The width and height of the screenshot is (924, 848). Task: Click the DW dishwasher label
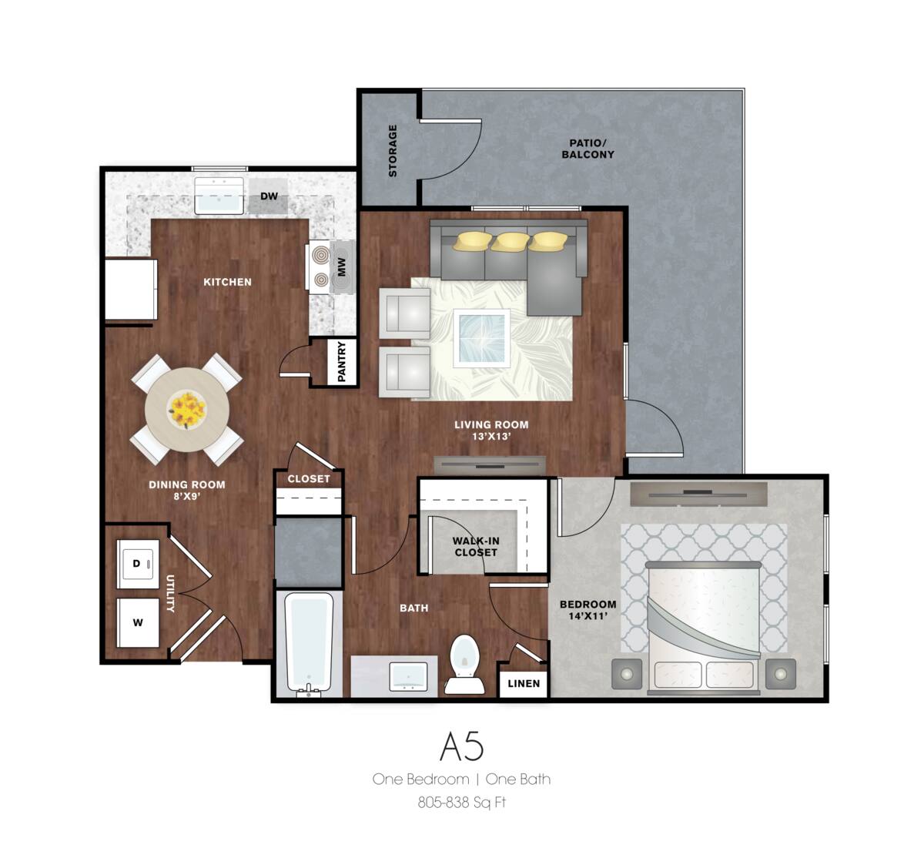[269, 196]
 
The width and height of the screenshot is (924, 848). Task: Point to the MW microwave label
[340, 268]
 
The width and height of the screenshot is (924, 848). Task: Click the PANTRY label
[342, 360]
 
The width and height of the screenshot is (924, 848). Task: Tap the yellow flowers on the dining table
[186, 409]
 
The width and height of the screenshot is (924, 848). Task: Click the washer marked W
[138, 623]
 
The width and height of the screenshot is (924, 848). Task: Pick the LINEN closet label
[524, 683]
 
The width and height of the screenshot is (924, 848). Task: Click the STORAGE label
[393, 151]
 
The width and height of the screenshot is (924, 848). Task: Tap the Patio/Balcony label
[588, 149]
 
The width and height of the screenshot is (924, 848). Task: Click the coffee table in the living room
[482, 337]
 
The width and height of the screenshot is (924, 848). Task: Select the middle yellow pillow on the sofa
[509, 242]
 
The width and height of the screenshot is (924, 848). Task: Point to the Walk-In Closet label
[475, 546]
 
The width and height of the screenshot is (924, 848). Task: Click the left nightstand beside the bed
[627, 673]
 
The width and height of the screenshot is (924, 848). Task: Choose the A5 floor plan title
[461, 745]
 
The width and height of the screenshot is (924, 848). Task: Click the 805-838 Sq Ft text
[461, 802]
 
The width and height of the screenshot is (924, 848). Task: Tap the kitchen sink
[219, 195]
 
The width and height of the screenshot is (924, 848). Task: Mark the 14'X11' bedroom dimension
[588, 616]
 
